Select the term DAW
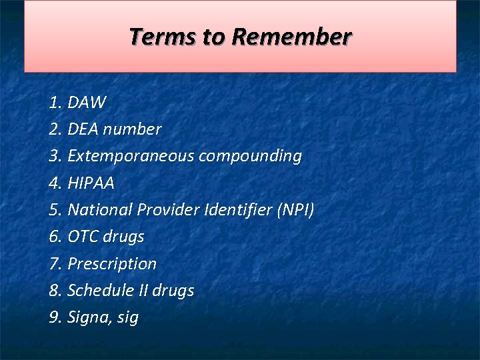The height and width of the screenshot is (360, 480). pyautogui.click(x=87, y=103)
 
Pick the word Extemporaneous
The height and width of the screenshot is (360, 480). pyautogui.click(x=131, y=156)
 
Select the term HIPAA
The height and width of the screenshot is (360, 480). pyautogui.click(x=91, y=183)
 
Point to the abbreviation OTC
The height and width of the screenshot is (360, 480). pyautogui.click(x=83, y=237)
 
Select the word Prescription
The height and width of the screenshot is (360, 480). pyautogui.click(x=112, y=264)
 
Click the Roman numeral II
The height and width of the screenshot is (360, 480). pyautogui.click(x=159, y=291)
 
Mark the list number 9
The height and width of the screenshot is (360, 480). pyautogui.click(x=55, y=317)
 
